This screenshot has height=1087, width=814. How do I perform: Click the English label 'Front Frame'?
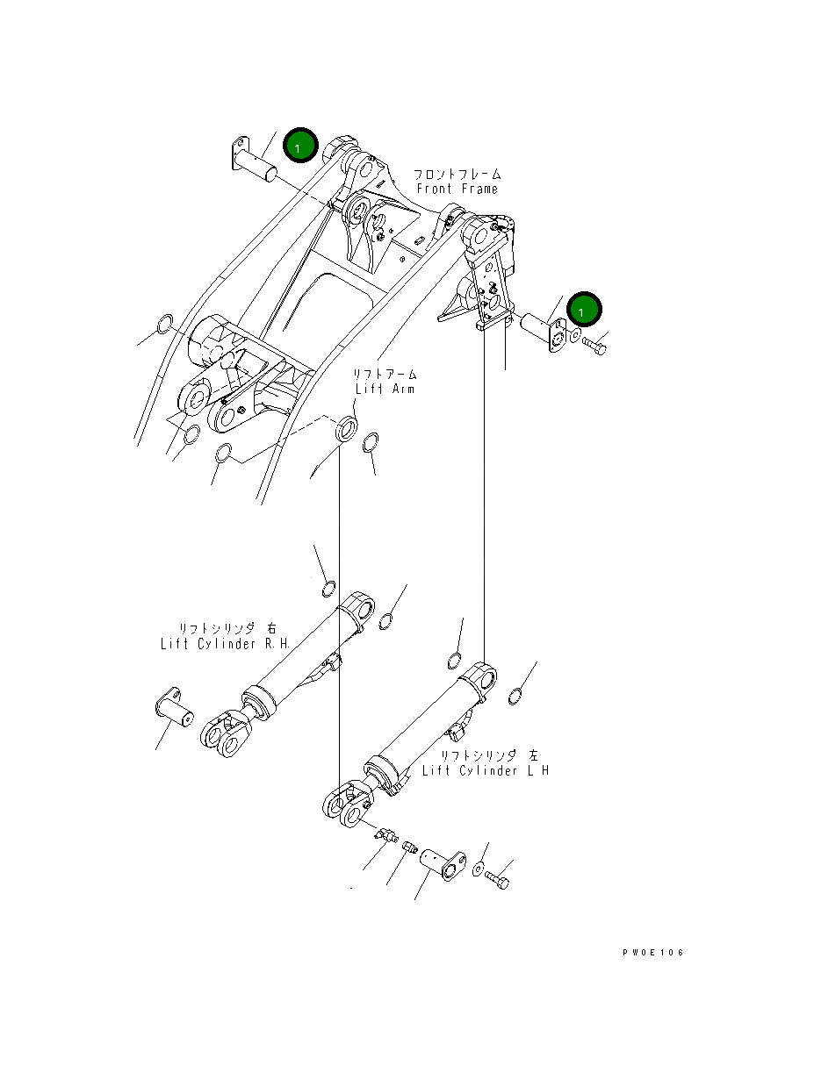tap(457, 189)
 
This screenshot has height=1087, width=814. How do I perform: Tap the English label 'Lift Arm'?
tap(385, 389)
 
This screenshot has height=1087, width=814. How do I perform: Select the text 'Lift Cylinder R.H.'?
tap(225, 644)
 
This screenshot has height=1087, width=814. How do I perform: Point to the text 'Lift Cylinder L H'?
tap(486, 770)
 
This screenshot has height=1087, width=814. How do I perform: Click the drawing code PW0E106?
tap(653, 952)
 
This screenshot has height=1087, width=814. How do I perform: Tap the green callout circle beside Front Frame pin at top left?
tap(300, 145)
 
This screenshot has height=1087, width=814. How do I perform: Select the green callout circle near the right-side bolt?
tap(584, 309)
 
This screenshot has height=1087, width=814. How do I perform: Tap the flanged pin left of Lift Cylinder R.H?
tap(174, 707)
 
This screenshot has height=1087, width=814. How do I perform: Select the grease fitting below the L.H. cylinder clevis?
tap(386, 836)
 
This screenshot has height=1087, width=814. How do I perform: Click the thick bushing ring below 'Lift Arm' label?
tap(347, 429)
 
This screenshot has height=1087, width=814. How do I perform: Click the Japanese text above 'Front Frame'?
tap(457, 174)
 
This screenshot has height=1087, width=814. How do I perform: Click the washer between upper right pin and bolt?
tap(574, 335)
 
